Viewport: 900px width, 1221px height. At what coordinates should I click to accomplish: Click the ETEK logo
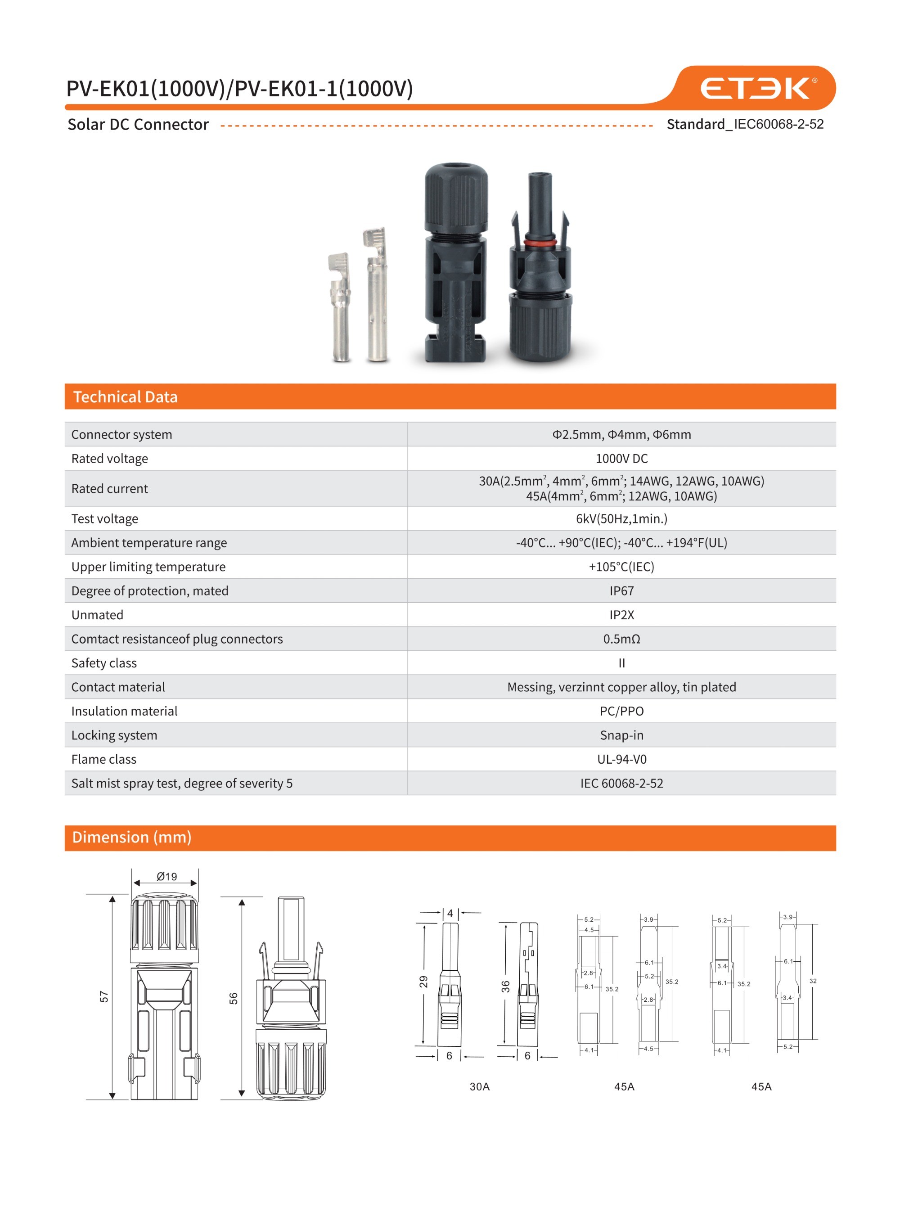tap(758, 88)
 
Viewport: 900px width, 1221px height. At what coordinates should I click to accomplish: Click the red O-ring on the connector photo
tap(540, 242)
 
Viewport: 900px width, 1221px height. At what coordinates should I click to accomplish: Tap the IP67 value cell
tap(621, 590)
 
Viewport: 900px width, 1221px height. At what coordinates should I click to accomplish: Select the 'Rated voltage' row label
tap(109, 459)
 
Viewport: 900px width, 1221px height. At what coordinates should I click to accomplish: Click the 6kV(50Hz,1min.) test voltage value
tap(621, 519)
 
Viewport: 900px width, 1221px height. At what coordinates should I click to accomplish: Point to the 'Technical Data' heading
tap(125, 396)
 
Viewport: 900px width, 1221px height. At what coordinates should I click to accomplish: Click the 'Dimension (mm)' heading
tap(132, 837)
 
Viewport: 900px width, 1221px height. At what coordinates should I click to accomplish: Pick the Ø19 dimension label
tap(166, 877)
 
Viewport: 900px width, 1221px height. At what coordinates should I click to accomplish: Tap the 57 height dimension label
tap(104, 996)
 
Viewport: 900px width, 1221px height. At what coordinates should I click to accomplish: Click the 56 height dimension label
tap(233, 998)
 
